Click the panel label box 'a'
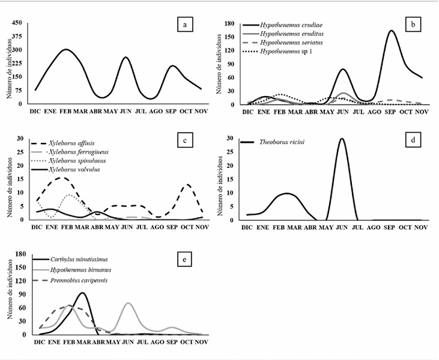[x=186, y=25]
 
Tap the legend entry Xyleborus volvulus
[x=70, y=170]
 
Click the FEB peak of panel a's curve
[x=67, y=50]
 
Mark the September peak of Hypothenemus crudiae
[x=392, y=31]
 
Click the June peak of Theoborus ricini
[x=342, y=139]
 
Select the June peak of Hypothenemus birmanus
[x=128, y=303]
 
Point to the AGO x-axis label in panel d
[x=374, y=227]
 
